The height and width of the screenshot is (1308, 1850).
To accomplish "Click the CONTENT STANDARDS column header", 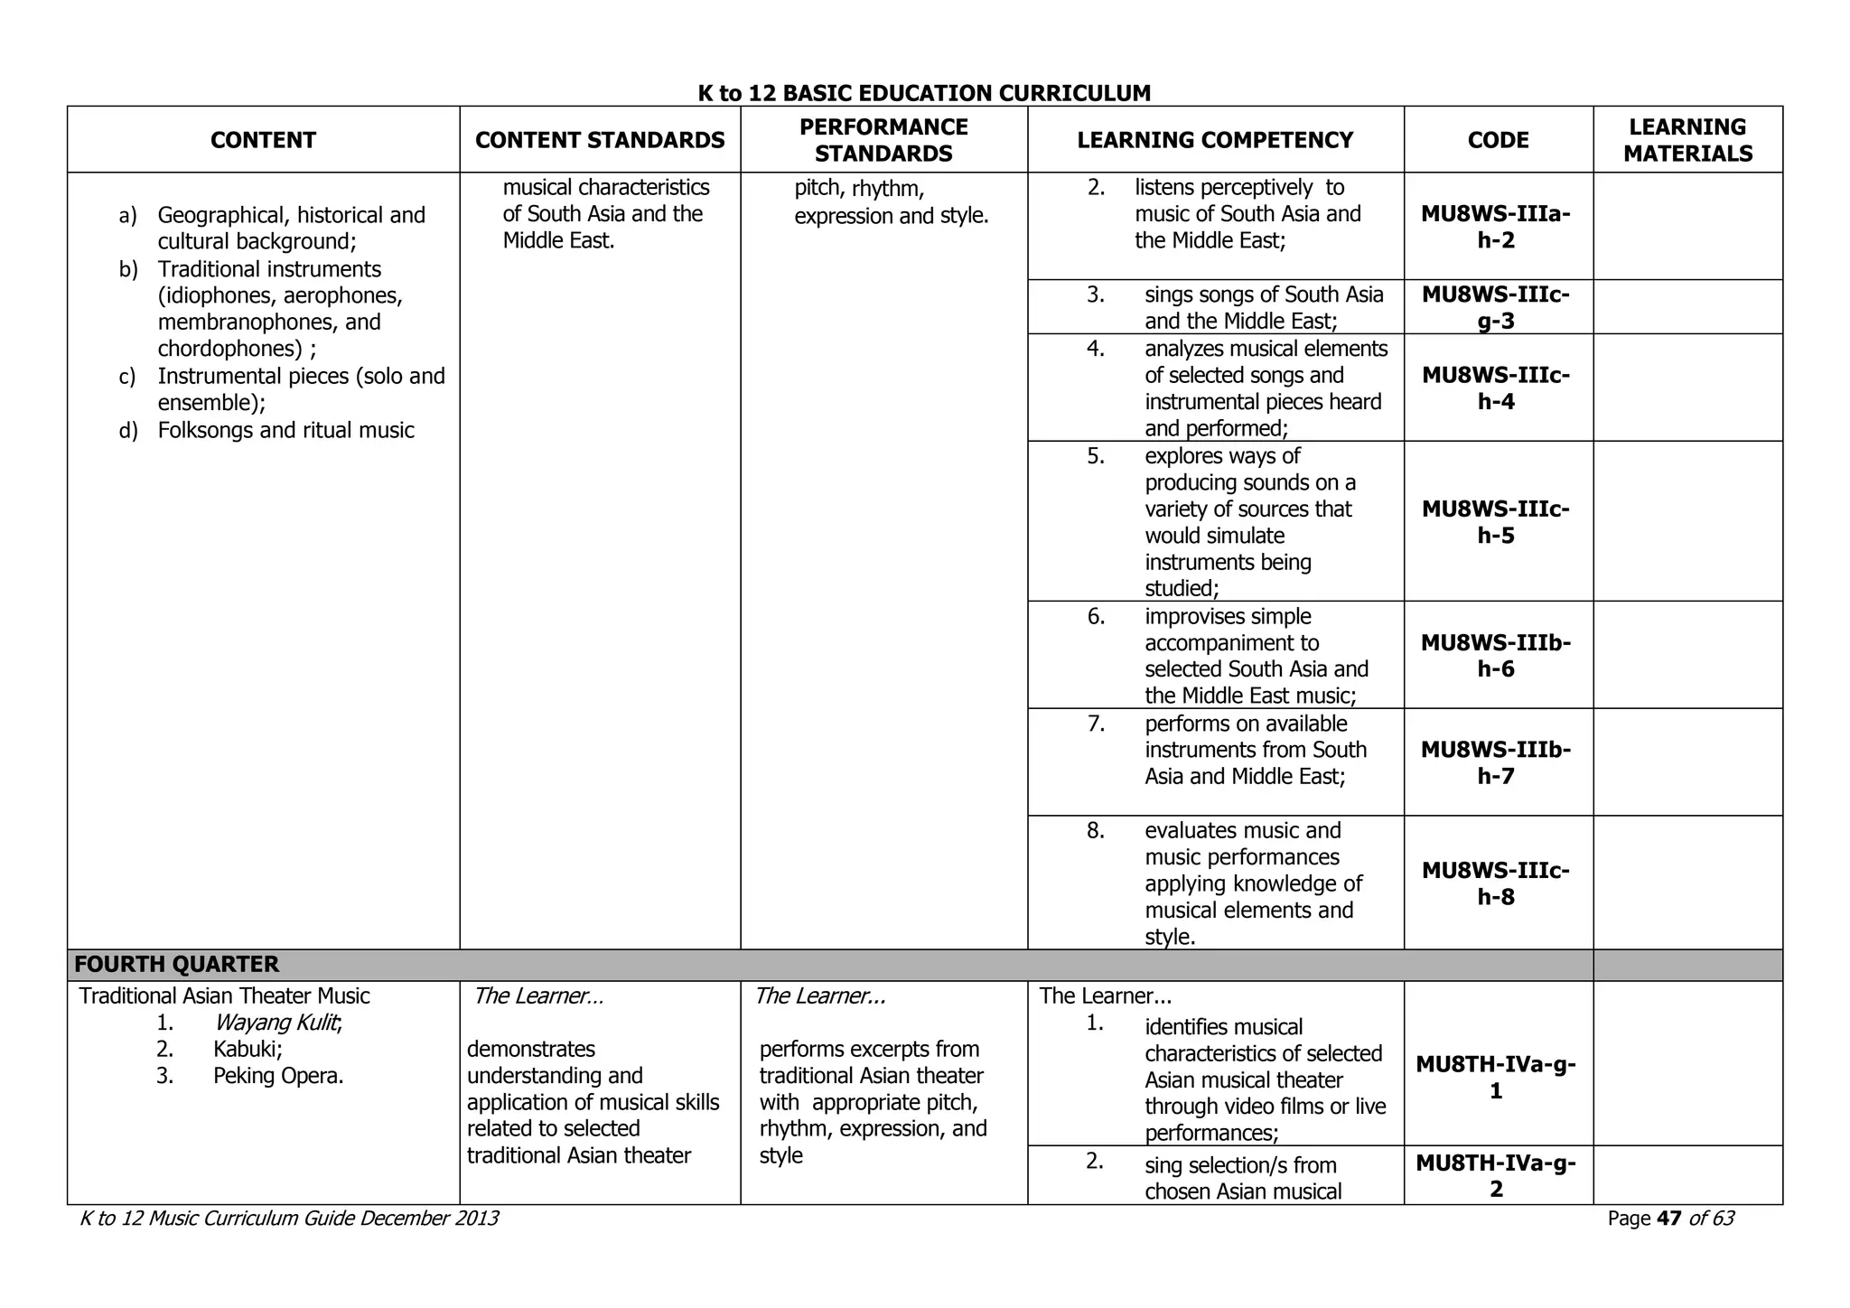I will pos(600,140).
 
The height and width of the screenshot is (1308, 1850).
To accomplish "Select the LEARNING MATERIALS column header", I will pos(1687,140).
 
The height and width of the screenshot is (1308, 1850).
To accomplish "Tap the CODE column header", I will pos(1498,140).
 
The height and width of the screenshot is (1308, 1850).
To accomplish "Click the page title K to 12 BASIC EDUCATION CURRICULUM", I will pos(924,93).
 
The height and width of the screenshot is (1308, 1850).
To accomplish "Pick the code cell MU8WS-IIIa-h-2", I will pos(1496,227).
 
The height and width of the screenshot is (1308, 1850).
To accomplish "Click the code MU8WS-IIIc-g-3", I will pos(1496,307).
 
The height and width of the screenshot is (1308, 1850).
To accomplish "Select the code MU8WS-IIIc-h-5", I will pos(1496,522).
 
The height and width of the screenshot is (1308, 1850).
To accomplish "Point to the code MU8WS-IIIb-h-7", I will pos(1496,762).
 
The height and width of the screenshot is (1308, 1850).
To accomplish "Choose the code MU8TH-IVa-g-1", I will pos(1496,1077).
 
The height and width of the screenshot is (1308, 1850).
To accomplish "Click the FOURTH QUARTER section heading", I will pos(177,964).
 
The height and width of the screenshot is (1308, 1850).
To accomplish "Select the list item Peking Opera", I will pos(278,1076).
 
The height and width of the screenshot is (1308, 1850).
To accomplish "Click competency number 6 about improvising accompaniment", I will pos(1256,656).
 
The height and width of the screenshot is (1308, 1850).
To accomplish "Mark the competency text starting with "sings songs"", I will pos(1264,307).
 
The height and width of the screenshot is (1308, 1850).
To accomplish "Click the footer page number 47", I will pos(1669,1219).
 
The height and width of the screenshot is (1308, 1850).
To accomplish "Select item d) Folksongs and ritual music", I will pos(285,430).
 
